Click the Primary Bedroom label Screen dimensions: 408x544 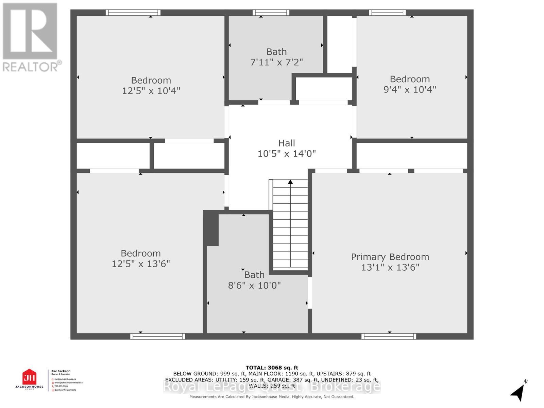[390, 257]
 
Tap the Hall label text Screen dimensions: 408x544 [287, 143]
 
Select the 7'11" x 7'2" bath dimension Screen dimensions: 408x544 [276, 62]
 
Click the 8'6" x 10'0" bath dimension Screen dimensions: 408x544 [254, 285]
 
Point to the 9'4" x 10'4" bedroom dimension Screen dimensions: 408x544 [410, 89]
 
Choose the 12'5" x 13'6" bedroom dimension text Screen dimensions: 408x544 [141, 264]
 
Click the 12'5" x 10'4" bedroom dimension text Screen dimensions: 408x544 [151, 91]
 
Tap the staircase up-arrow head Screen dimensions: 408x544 [290, 182]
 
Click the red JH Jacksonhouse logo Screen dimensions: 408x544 [29, 378]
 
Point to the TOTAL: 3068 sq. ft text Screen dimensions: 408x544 [272, 368]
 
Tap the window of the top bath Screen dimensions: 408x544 [271, 13]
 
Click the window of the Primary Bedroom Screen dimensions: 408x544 [389, 336]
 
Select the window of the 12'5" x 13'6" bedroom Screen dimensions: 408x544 [157, 336]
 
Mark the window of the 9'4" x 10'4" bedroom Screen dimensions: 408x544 [387, 13]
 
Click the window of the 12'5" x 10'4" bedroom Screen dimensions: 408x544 [133, 13]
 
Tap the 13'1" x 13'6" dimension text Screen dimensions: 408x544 [390, 267]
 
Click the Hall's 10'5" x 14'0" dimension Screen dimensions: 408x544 [287, 154]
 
